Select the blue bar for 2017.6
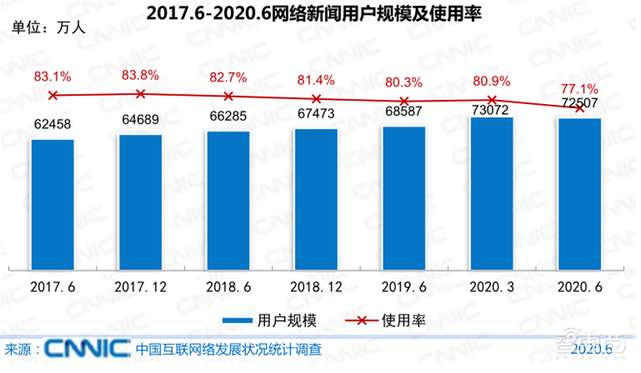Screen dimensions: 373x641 tap(52, 205)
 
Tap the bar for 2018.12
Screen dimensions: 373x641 tap(316, 200)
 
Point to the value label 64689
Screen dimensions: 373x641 tap(140, 121)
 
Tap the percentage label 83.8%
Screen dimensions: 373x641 tap(140, 75)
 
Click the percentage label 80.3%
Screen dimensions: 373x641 tap(404, 82)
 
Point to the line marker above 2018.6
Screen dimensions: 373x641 tap(228, 96)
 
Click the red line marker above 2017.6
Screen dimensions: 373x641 tap(53, 95)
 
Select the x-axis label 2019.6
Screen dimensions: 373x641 tap(404, 286)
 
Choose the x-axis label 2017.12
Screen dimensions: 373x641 tap(140, 286)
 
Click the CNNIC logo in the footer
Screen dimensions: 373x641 tap(87, 349)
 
